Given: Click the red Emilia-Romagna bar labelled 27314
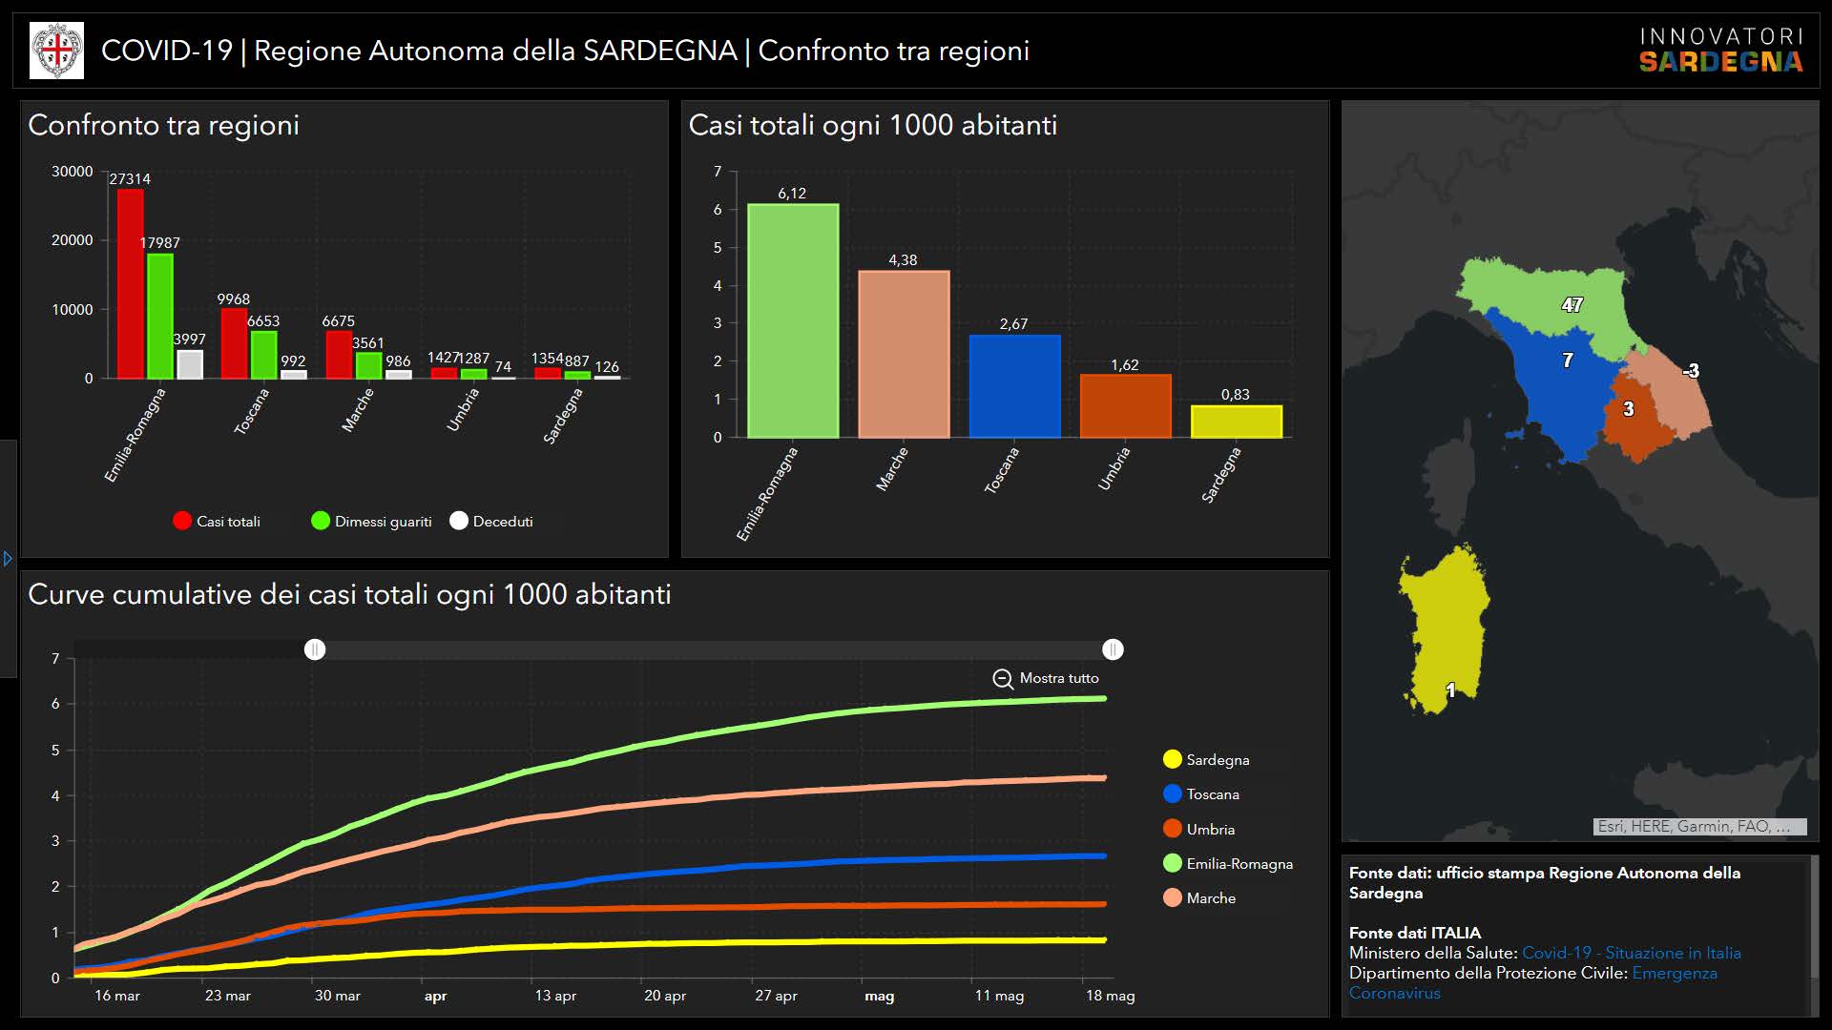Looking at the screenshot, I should [130, 283].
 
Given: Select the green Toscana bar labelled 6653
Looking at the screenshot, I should [263, 355].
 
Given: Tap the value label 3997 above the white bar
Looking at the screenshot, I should [189, 340].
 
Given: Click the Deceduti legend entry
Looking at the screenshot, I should [491, 522].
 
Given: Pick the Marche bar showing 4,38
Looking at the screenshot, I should [903, 354].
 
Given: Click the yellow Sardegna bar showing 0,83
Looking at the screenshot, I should [1236, 422].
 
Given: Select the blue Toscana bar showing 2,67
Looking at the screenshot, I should [1014, 386].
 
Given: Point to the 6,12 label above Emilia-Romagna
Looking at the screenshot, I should [792, 194].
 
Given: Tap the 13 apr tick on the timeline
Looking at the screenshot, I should [555, 996].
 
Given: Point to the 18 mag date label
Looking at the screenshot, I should [1110, 996].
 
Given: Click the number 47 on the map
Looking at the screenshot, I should [1572, 305].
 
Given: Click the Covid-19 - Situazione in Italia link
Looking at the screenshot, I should [1631, 953].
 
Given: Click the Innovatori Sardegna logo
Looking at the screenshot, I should [1720, 51].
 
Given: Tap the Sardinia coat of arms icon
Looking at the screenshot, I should [57, 51].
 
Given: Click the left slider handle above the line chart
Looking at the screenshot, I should [315, 649].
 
